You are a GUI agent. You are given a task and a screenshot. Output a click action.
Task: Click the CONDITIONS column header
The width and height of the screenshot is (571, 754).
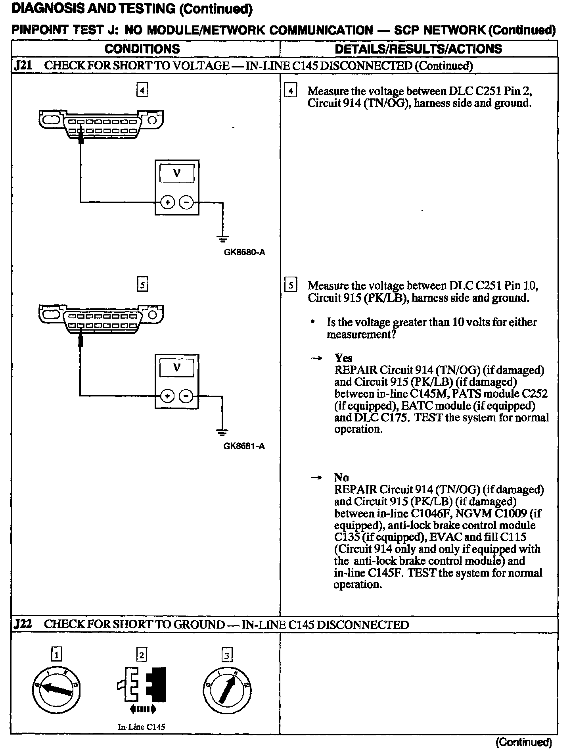point(142,49)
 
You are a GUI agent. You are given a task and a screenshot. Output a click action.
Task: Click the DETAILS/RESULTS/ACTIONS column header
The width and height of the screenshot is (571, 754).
point(418,49)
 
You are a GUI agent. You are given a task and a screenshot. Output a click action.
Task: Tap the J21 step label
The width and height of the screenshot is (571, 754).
point(23,66)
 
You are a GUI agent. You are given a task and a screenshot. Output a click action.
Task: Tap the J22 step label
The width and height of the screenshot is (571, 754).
point(23,624)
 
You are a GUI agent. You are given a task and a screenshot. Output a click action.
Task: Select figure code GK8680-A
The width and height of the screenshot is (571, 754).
point(244,252)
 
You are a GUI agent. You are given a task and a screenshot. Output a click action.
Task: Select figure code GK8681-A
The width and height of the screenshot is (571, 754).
point(244,446)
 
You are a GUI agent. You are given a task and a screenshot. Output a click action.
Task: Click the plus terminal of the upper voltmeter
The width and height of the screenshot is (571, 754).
point(168,202)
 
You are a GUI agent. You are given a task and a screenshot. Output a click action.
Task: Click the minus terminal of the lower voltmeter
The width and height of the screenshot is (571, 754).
point(186,396)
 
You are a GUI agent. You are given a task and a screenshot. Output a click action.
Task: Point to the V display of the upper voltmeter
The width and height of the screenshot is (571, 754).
point(177,173)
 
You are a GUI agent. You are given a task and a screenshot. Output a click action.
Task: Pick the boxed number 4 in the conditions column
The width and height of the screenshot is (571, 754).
point(142,90)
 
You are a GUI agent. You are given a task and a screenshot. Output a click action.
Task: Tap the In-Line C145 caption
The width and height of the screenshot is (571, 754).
point(142,727)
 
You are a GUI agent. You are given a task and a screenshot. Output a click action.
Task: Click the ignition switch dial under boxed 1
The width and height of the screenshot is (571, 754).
point(57,690)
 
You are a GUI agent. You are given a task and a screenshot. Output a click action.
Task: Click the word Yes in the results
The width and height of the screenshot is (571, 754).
point(343,358)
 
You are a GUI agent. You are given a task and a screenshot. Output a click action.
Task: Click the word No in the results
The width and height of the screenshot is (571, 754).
point(341,477)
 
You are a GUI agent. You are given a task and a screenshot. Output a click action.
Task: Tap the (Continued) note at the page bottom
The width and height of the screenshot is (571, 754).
point(523,742)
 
